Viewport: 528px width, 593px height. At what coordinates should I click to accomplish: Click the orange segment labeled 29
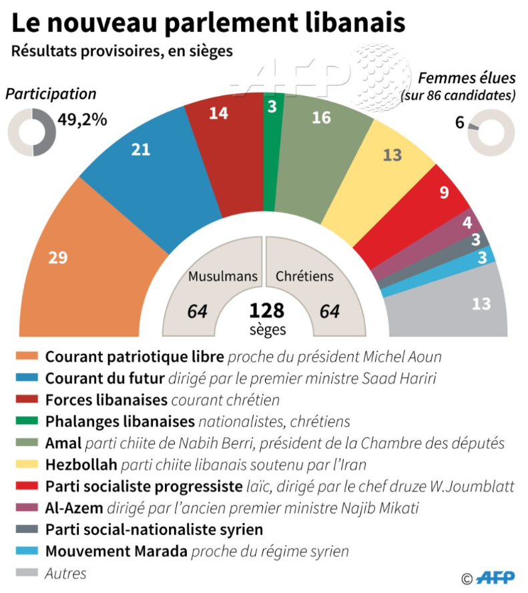[x=80, y=260]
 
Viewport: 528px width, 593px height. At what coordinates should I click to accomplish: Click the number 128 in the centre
[x=266, y=311]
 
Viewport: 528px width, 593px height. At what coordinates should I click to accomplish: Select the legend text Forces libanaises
[x=106, y=400]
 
